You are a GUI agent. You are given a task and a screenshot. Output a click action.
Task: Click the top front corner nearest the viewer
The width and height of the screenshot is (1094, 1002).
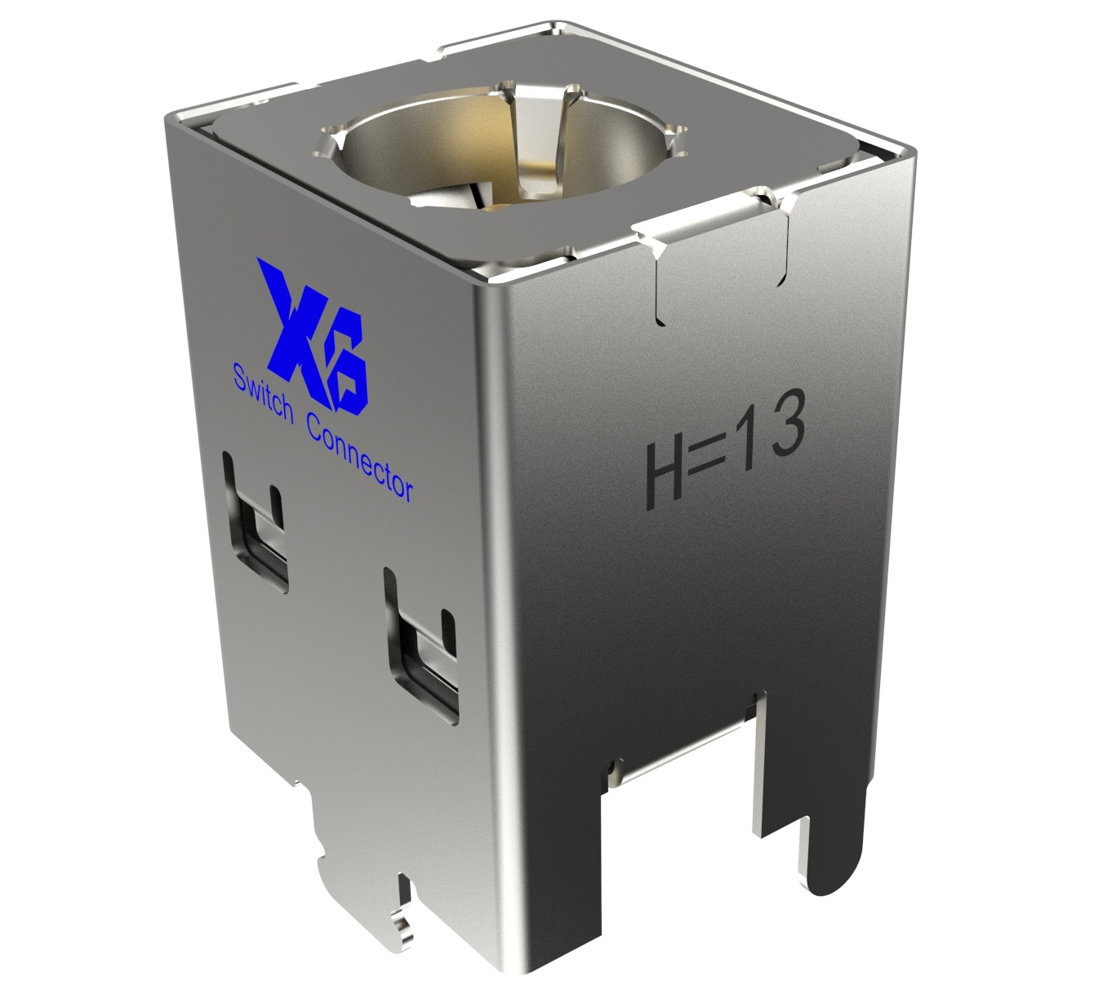(x=490, y=282)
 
